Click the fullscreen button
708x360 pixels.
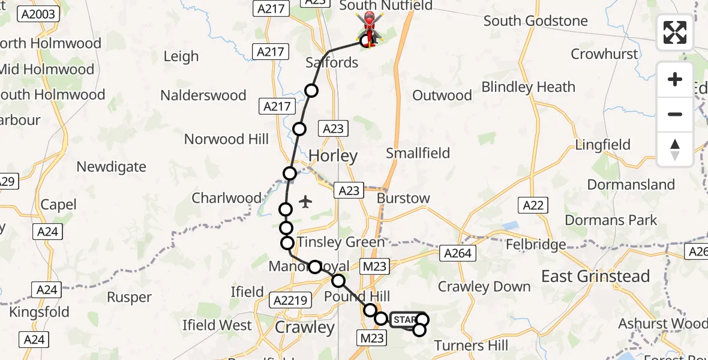[x=675, y=32]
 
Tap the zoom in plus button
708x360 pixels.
[x=675, y=79]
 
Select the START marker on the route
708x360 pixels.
[x=405, y=320]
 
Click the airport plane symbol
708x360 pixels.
[x=305, y=202]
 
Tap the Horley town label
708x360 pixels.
[x=333, y=156]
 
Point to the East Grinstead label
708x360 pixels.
[x=596, y=277]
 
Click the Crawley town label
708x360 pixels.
[x=305, y=328]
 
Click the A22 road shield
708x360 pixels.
[x=533, y=206]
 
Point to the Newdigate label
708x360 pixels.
[x=112, y=167]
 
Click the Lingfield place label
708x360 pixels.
[x=602, y=145]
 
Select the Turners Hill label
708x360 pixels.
[x=471, y=346]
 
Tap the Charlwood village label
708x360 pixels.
[x=226, y=198]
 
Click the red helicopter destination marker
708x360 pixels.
[x=370, y=28]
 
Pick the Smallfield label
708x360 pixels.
[x=418, y=153]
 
